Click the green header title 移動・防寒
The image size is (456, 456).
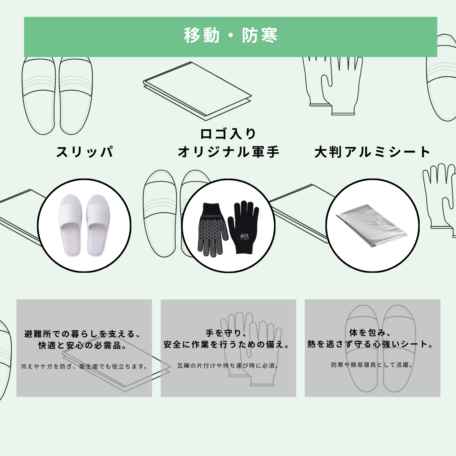coord(231,35)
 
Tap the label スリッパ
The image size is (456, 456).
coord(84,152)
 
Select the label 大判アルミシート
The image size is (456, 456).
coord(372,152)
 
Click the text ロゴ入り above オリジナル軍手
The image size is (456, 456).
coord(228,134)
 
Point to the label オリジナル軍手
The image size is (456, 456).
coord(228,152)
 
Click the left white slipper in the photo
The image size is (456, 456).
coord(71,225)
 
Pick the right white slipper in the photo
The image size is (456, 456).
coord(98,225)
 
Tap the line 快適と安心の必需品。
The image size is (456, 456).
coord(83,345)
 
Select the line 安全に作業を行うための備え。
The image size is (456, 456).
coord(227,345)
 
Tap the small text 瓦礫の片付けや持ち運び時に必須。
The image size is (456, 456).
coord(228,366)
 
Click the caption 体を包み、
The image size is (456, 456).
coord(371,332)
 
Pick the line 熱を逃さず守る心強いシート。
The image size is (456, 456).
coord(371,344)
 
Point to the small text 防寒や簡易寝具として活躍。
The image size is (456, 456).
coord(372,365)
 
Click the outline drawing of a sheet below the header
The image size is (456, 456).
coord(197,91)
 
